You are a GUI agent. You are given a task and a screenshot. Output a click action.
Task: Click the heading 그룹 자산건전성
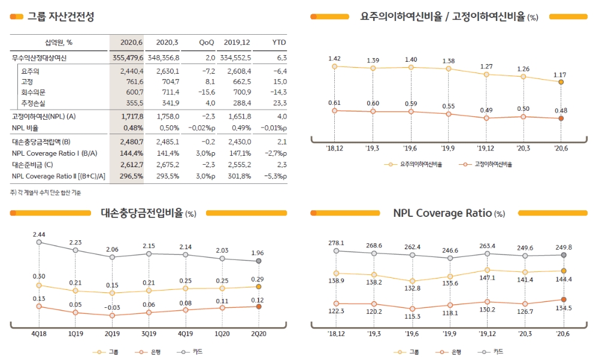(x=60, y=17)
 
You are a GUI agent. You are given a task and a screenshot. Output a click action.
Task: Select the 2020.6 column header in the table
(x=131, y=43)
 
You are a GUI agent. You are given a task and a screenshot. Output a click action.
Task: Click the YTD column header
(x=279, y=43)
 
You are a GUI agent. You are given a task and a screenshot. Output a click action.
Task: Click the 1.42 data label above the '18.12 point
(x=334, y=58)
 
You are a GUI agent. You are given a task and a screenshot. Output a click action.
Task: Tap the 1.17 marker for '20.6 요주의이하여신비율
(x=561, y=82)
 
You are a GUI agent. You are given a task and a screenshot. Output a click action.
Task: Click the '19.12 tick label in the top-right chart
(x=486, y=148)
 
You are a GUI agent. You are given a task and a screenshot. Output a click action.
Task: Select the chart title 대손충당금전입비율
(x=143, y=213)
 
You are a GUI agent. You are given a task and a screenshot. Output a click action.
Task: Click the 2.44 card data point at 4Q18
(x=39, y=242)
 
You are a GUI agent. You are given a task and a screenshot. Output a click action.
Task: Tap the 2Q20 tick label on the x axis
(x=258, y=334)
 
